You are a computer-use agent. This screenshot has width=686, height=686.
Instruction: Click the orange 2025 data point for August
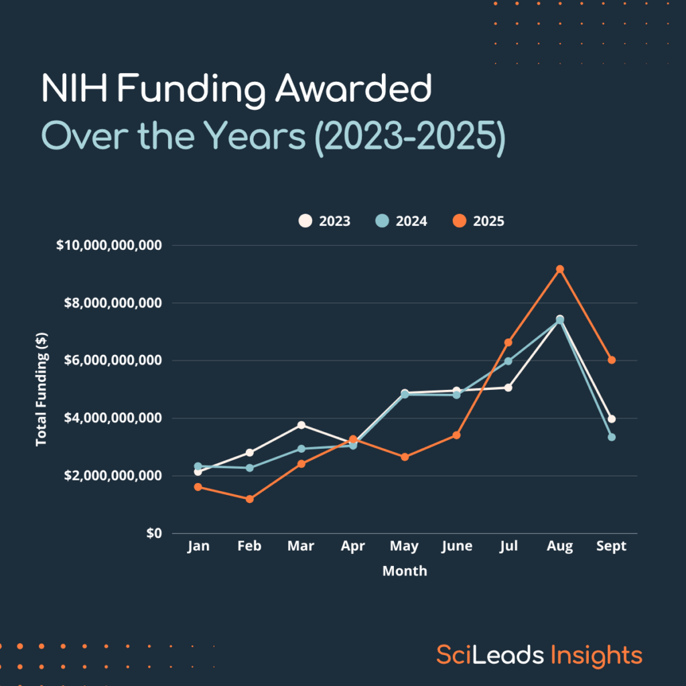click(560, 269)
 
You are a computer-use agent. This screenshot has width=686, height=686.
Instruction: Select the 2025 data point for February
click(250, 499)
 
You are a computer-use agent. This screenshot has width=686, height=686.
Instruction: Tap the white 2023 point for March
click(301, 425)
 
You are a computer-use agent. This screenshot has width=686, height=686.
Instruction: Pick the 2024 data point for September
click(612, 437)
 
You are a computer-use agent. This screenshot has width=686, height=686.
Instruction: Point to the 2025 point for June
click(457, 435)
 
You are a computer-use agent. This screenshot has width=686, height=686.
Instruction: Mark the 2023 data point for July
click(508, 387)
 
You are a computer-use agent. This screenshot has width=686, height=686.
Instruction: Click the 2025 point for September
click(612, 360)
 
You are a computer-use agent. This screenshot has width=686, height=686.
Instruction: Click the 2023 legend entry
click(324, 221)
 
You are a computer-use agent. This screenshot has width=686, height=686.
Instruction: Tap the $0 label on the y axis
click(153, 533)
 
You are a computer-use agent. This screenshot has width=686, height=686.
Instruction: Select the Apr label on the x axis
click(353, 547)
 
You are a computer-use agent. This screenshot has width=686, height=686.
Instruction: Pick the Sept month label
click(611, 547)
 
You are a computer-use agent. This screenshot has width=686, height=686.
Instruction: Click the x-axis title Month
click(405, 571)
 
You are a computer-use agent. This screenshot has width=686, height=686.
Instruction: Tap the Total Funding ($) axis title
click(42, 390)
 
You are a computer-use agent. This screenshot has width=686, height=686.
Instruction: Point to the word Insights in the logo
click(596, 655)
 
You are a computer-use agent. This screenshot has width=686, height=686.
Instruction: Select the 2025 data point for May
click(405, 457)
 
